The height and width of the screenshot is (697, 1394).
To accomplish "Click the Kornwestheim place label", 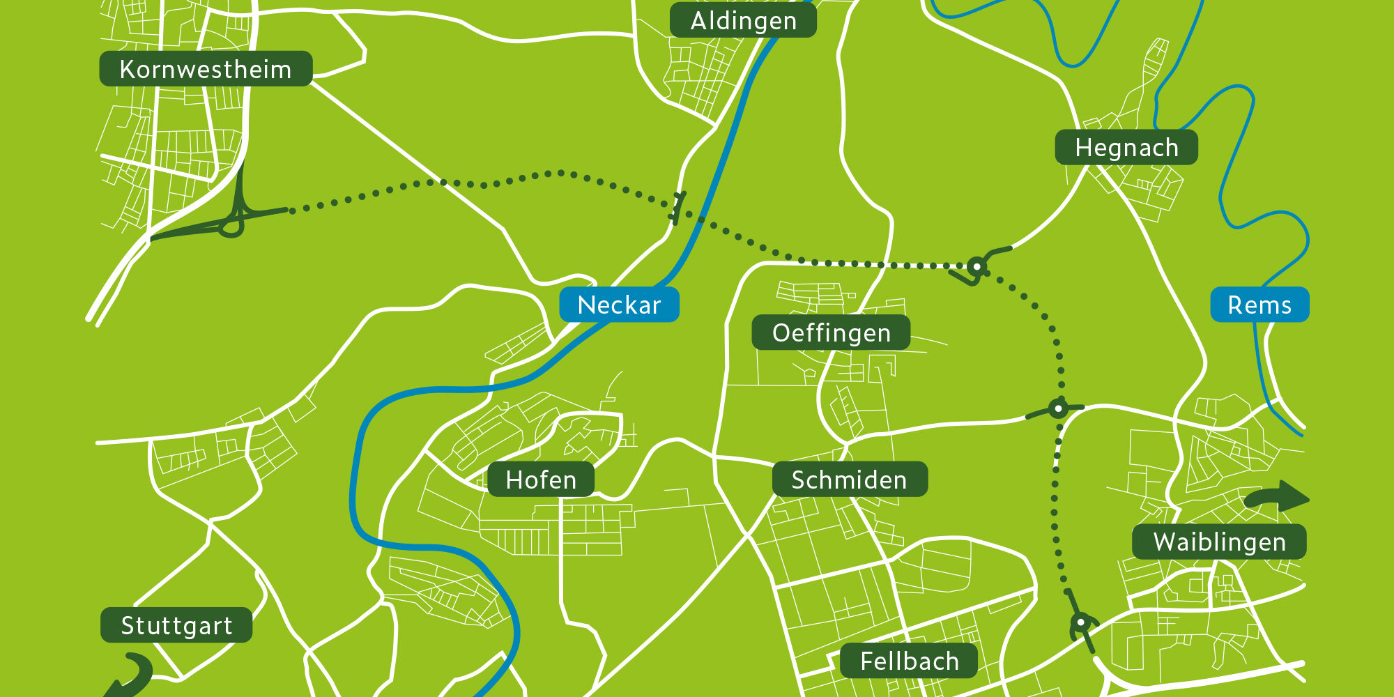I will coord(206,69).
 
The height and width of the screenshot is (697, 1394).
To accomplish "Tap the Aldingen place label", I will coord(743,21).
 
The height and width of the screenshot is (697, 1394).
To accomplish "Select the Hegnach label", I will coord(1126,148).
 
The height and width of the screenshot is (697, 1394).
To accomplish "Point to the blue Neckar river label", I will coord(619,305).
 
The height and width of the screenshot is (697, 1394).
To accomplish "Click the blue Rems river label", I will coord(1259,305).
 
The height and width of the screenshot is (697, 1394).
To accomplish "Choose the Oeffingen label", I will coord(831,332).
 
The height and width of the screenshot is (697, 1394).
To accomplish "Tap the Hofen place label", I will coord(541,480).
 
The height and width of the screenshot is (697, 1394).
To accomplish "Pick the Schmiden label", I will coord(849,480).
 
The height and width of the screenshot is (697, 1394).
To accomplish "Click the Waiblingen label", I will coord(1219,542).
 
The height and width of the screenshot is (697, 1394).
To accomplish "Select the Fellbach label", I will coord(909,661).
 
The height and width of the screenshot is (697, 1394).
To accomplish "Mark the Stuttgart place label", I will coord(176,625).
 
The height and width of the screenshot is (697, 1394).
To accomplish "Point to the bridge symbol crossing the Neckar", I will coord(677,208).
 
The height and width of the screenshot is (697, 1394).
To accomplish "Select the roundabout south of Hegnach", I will coord(977,266).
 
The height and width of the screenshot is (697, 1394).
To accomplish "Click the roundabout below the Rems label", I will coord(1058,408).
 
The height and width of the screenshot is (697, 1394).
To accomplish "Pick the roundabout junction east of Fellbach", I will coord(1082,622).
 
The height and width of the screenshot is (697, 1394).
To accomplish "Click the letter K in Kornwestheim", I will coord(127,70).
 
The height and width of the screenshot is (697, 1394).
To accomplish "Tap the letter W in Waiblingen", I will coord(1164,542).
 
